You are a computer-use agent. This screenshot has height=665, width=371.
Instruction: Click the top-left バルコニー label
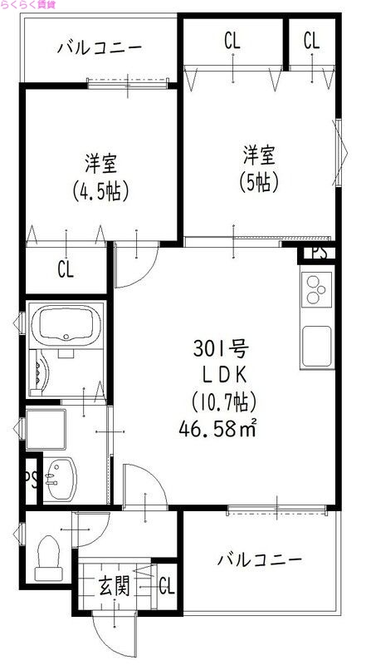tap(99, 47)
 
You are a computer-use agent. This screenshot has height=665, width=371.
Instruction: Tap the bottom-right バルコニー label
tap(259, 558)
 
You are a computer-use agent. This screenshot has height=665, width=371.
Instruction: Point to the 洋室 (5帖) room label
tap(258, 166)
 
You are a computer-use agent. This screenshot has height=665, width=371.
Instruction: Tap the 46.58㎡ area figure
tap(217, 428)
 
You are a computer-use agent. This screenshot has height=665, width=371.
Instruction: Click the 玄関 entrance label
tap(115, 586)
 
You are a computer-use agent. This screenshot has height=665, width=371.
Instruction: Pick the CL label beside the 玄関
tap(166, 586)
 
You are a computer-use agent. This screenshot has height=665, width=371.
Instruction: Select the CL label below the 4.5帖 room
tap(66, 268)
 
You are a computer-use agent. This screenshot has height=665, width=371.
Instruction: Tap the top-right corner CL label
tap(311, 39)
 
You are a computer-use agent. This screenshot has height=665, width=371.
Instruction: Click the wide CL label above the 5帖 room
tap(232, 39)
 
